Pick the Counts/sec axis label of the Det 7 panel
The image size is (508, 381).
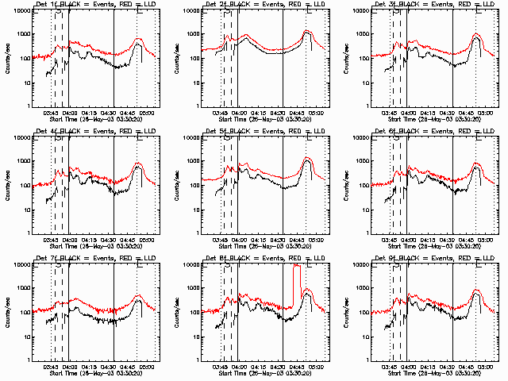[x=6, y=313]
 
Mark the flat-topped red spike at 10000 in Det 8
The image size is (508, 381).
[x=297, y=266]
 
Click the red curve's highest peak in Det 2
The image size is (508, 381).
[x=306, y=31]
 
